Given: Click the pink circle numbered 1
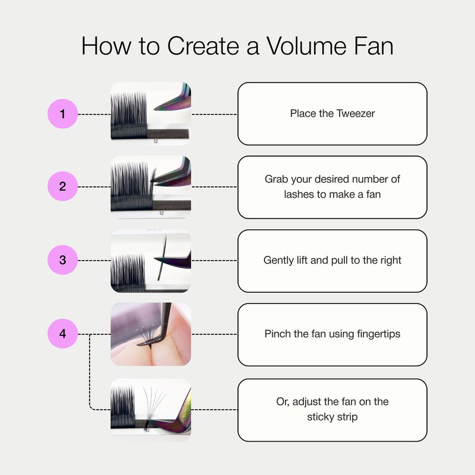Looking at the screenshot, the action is point(63,114).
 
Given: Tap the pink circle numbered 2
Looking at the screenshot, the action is point(63,186).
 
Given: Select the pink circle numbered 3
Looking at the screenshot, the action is point(63,260).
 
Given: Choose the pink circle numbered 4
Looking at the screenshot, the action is point(63,334).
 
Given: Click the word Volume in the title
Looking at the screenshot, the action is point(306,46).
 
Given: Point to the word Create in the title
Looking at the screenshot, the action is point(203,46).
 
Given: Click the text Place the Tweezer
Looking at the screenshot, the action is point(332,113).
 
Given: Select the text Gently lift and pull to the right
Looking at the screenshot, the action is point(332,260).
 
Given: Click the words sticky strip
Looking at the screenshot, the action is point(332,417).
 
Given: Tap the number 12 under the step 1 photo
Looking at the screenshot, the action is point(156,141).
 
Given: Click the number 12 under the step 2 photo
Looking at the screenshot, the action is point(161,213).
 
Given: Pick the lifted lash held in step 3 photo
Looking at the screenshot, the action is point(162,258).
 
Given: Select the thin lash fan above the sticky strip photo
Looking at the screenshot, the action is point(154,403).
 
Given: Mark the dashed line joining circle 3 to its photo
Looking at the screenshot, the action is point(94,261).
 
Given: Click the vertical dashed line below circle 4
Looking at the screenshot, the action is point(90,372).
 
